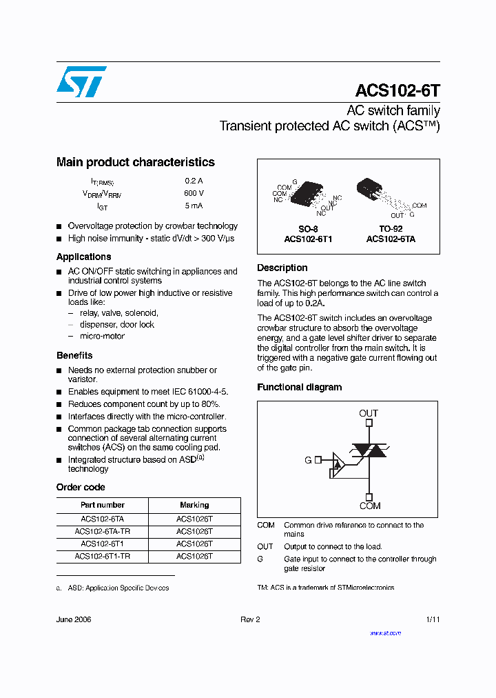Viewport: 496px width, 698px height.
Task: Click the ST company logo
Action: (81, 81)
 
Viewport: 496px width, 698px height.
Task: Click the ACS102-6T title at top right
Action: (397, 91)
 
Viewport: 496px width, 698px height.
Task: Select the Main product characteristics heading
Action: (136, 162)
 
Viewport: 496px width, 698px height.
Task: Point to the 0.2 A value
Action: (194, 181)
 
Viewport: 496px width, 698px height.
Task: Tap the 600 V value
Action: (194, 193)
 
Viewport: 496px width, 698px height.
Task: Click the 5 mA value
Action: (194, 206)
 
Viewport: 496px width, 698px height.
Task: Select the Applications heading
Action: (83, 257)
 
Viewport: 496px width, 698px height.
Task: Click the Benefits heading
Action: (74, 355)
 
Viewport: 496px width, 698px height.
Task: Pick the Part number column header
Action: (102, 505)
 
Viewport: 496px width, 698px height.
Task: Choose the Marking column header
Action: (194, 505)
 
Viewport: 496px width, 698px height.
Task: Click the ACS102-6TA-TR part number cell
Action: (102, 532)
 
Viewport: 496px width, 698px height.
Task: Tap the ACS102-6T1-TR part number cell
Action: (102, 556)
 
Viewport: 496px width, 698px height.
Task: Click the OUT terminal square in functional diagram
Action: (369, 423)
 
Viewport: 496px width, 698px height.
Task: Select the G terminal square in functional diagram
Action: (318, 459)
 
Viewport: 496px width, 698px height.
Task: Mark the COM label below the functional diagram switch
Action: (369, 506)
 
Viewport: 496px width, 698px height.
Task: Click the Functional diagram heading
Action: (299, 387)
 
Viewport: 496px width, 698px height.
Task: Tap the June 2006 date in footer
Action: (74, 619)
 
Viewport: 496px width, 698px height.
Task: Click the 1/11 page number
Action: (433, 619)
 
